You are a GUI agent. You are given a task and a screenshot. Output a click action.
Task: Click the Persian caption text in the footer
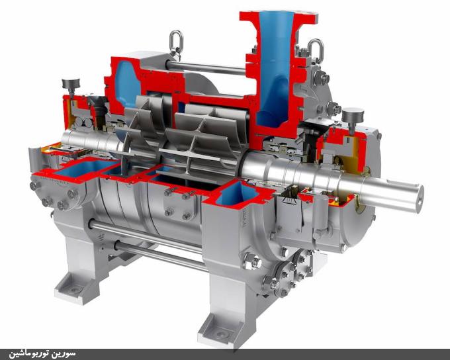point(42,353)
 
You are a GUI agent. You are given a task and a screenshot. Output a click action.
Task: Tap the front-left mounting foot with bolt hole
point(77,288)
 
